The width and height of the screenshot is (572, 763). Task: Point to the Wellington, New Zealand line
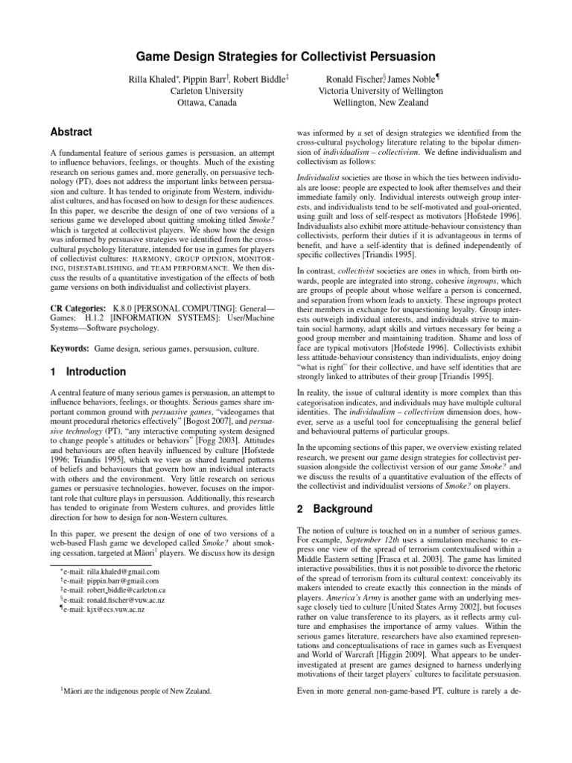pyautogui.click(x=381, y=102)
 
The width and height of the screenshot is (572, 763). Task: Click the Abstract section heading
pyautogui.click(x=71, y=132)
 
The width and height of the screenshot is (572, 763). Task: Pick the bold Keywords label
pyautogui.click(x=70, y=348)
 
